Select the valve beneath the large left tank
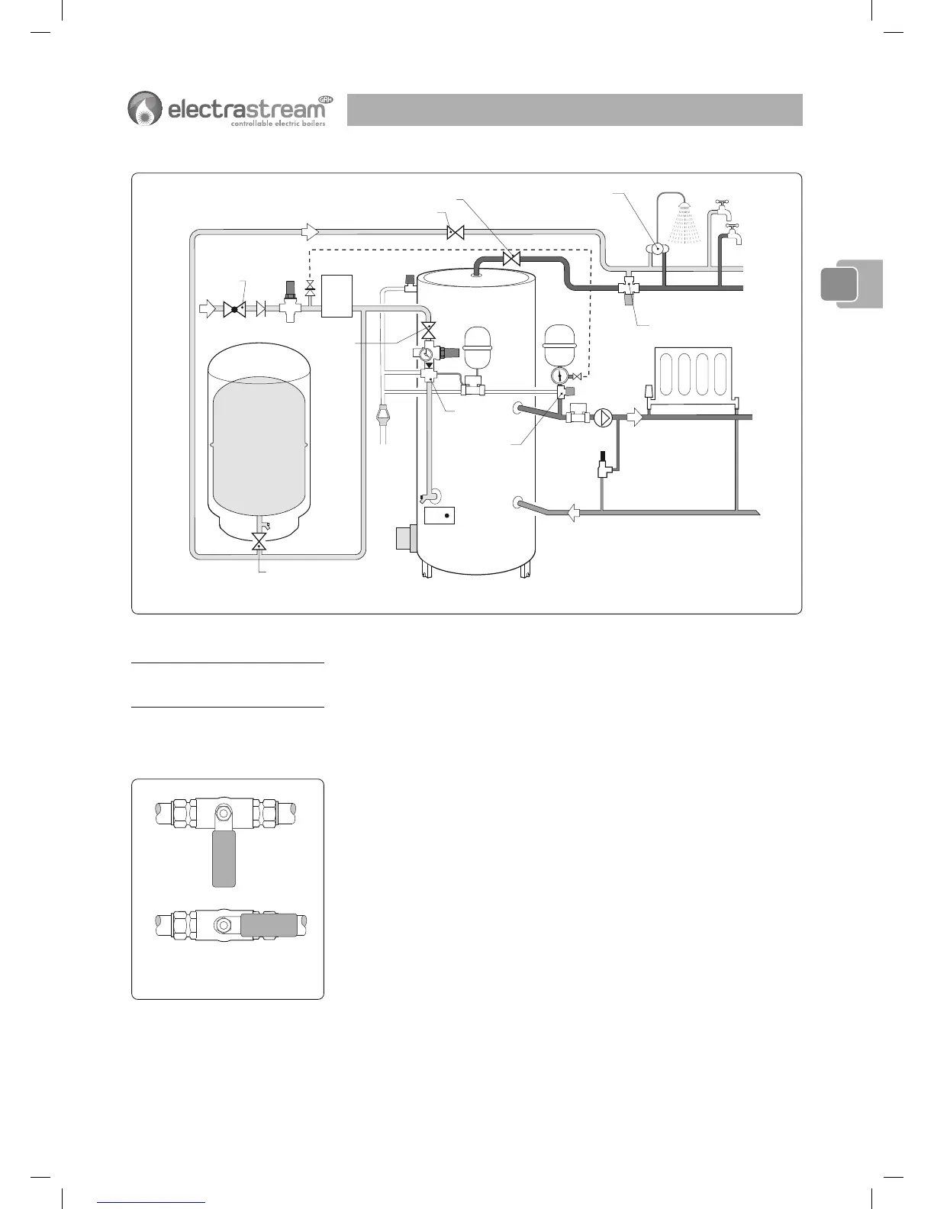coord(259,542)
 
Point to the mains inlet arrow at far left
coord(208,309)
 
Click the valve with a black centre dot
coord(233,309)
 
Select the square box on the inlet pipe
coord(337,296)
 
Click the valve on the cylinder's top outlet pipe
coord(512,260)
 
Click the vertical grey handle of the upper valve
coord(223,859)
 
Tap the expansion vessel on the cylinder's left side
coord(478,348)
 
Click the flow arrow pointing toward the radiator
coord(634,418)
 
